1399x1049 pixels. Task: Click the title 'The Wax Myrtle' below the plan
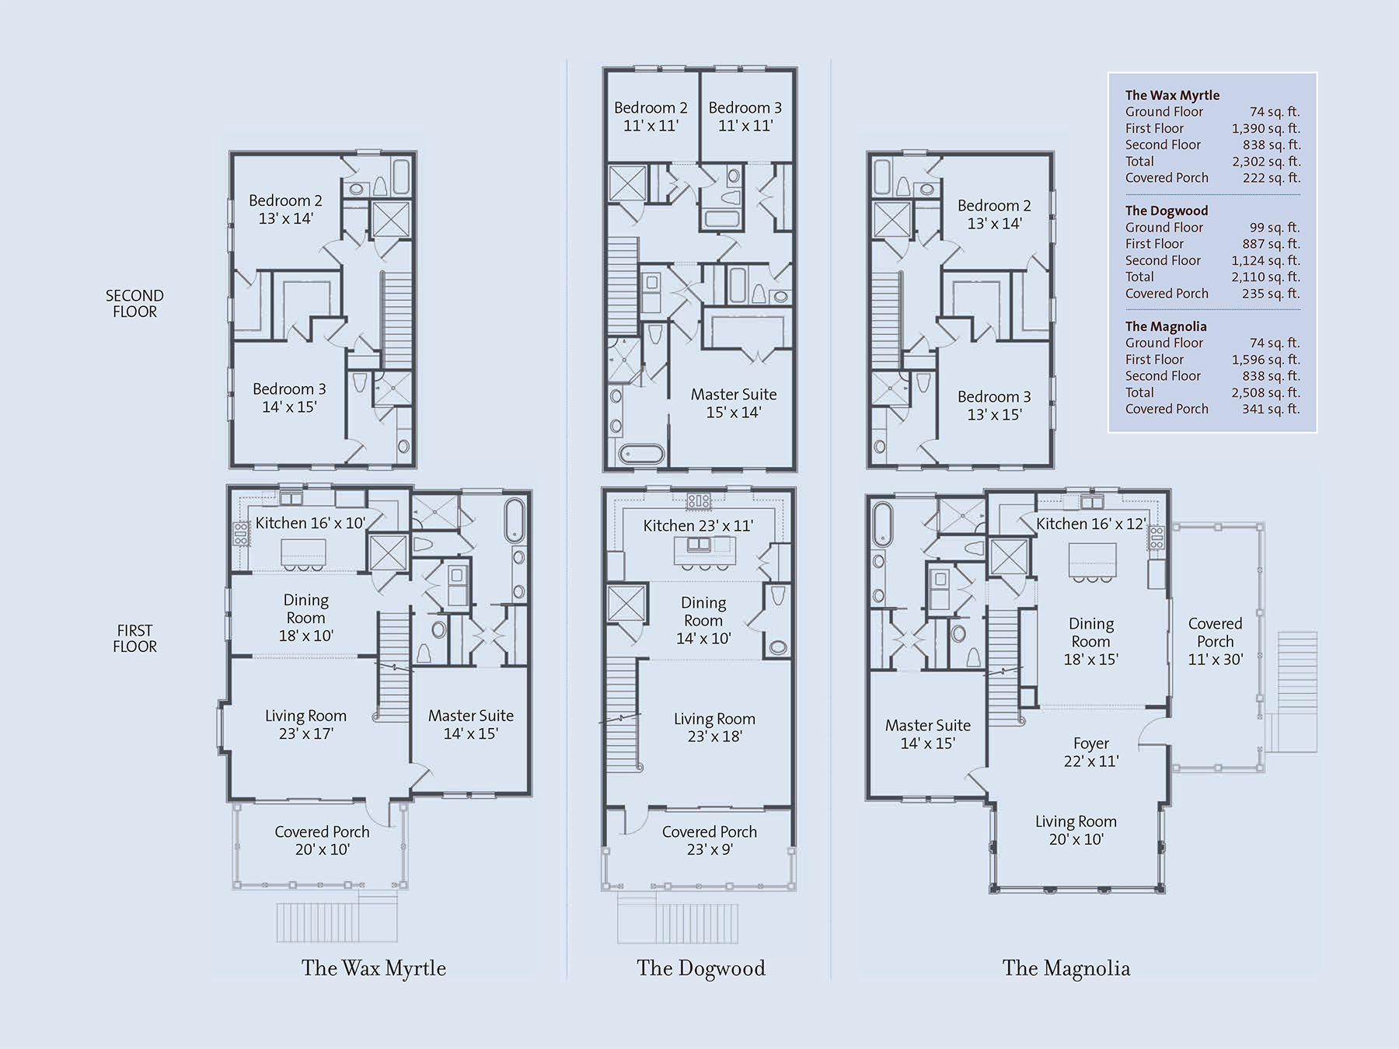click(374, 968)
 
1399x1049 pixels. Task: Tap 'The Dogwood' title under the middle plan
click(701, 968)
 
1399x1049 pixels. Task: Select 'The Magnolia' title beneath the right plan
click(1066, 968)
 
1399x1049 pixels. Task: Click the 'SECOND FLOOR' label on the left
click(134, 304)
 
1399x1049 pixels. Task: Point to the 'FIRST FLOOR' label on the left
click(134, 639)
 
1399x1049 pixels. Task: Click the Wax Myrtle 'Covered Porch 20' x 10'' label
click(322, 841)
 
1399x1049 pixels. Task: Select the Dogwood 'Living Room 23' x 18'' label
click(714, 727)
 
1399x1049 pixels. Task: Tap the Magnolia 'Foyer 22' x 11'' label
click(1091, 752)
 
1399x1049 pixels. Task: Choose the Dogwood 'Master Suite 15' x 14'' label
click(734, 403)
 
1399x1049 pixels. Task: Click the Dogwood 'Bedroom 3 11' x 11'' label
click(745, 117)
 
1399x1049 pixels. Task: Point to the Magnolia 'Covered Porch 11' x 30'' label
click(1216, 642)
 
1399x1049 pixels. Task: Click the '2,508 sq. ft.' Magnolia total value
click(1265, 392)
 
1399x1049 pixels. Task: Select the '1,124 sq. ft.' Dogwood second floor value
click(1265, 260)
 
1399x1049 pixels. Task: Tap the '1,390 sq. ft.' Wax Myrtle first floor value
click(1265, 128)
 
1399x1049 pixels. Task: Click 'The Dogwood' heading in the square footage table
click(1167, 211)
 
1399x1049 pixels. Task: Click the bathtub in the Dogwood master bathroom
click(642, 454)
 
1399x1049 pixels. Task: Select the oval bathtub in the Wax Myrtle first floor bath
click(515, 520)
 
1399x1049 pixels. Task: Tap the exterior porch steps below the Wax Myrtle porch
click(337, 922)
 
